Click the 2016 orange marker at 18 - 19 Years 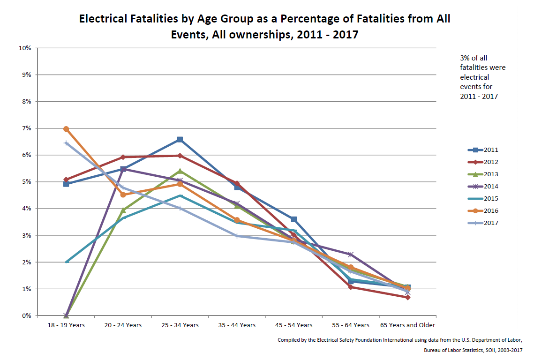click(x=66, y=129)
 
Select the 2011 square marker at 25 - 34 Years click(x=180, y=139)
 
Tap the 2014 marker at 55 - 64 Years click(x=350, y=255)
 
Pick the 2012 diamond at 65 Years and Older click(x=407, y=297)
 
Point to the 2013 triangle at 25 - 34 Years click(x=180, y=171)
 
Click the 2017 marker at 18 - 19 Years click(x=66, y=143)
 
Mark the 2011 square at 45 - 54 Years click(x=293, y=219)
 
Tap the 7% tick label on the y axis click(x=25, y=128)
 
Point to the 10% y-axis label click(x=24, y=48)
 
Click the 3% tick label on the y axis click(x=25, y=235)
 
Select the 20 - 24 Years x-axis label click(x=123, y=325)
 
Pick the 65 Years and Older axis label click(x=407, y=325)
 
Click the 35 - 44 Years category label click(x=237, y=325)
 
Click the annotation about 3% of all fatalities click(x=483, y=77)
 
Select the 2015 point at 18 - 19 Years click(x=66, y=262)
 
